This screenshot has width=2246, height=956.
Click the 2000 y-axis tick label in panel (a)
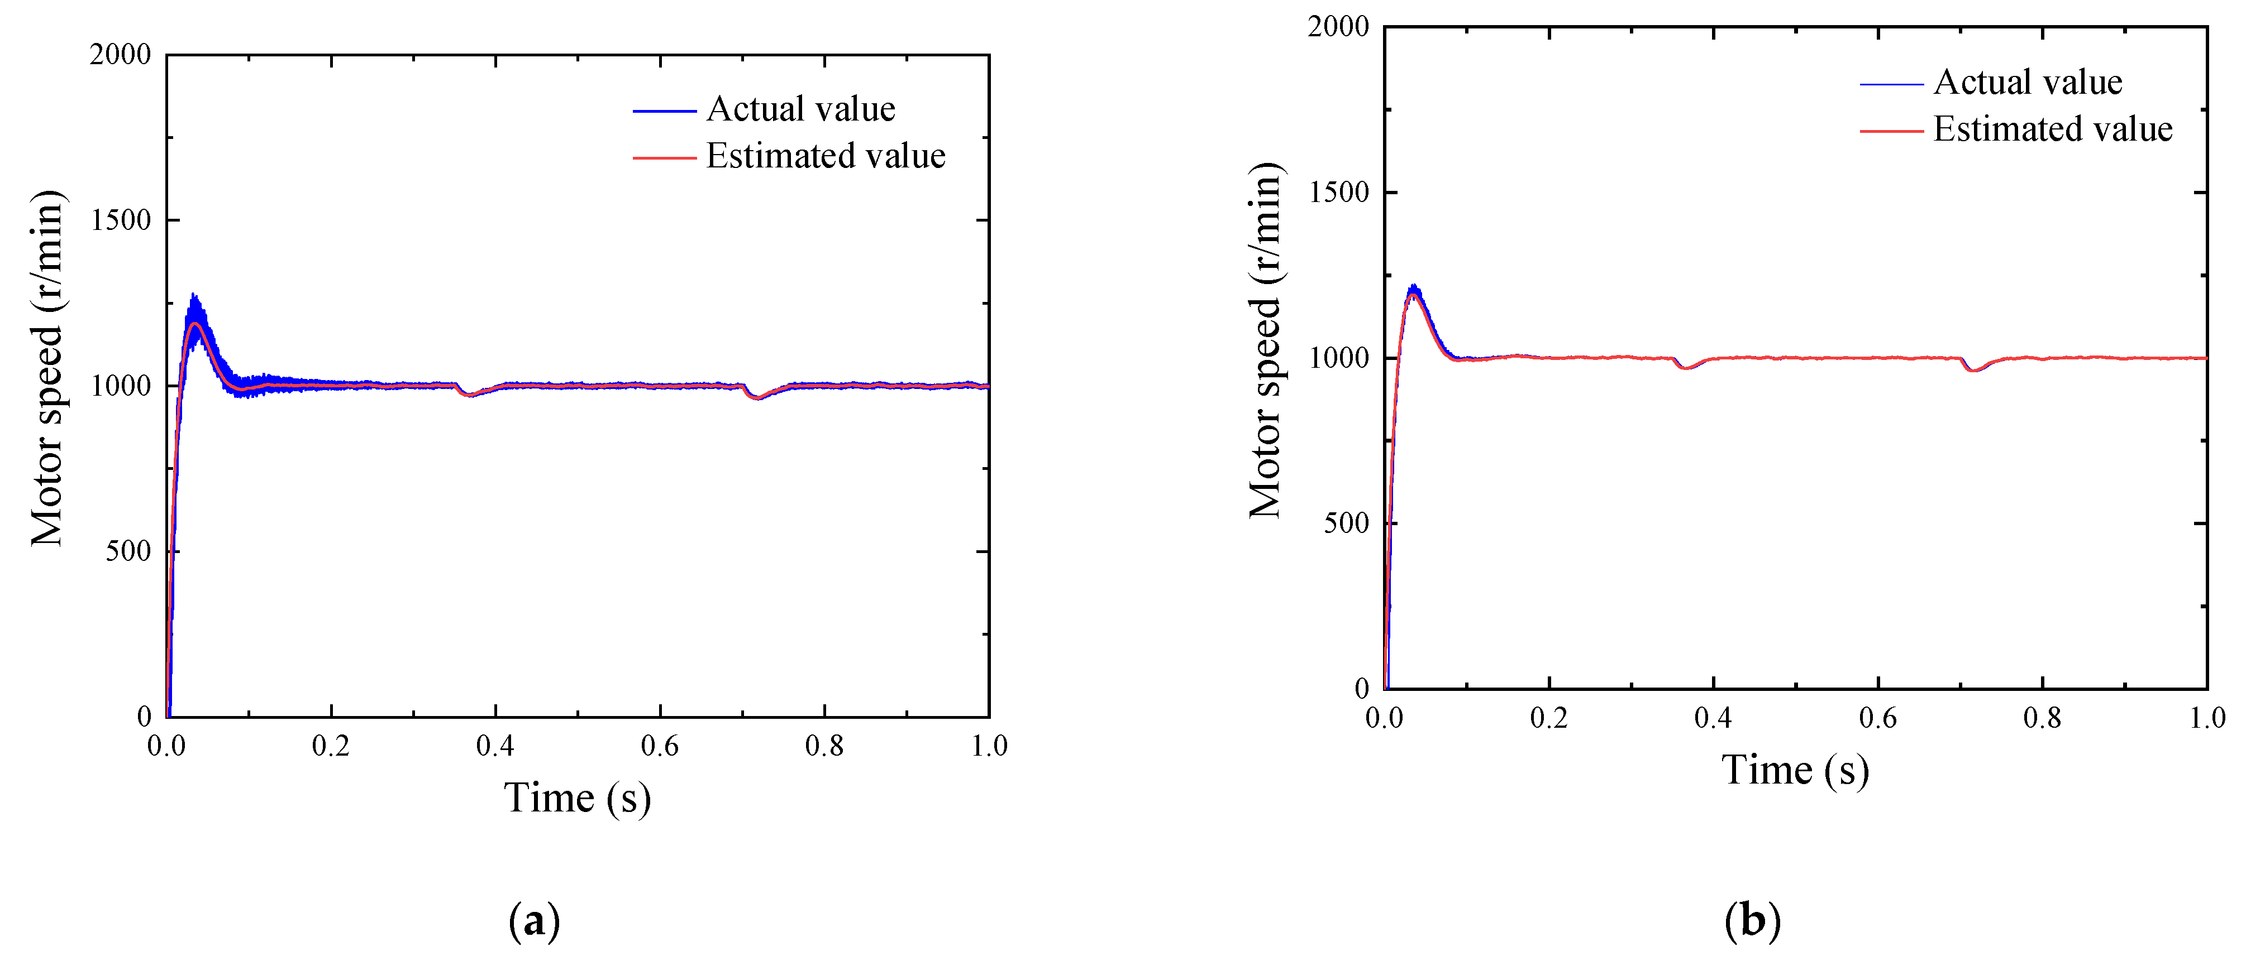coord(120,55)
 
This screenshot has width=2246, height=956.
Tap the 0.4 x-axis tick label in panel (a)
coord(495,746)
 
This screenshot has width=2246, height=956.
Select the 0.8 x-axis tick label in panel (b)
coord(2042,718)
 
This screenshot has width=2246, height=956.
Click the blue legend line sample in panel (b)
coord(1891,84)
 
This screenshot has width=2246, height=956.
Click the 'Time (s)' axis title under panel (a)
coord(577,798)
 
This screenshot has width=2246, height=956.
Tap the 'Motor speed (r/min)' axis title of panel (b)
coord(1266,340)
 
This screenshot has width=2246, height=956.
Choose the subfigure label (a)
coord(533,921)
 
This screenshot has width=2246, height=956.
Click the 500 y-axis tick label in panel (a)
coord(128,551)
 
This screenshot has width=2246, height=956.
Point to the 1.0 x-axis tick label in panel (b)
coord(2207,718)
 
